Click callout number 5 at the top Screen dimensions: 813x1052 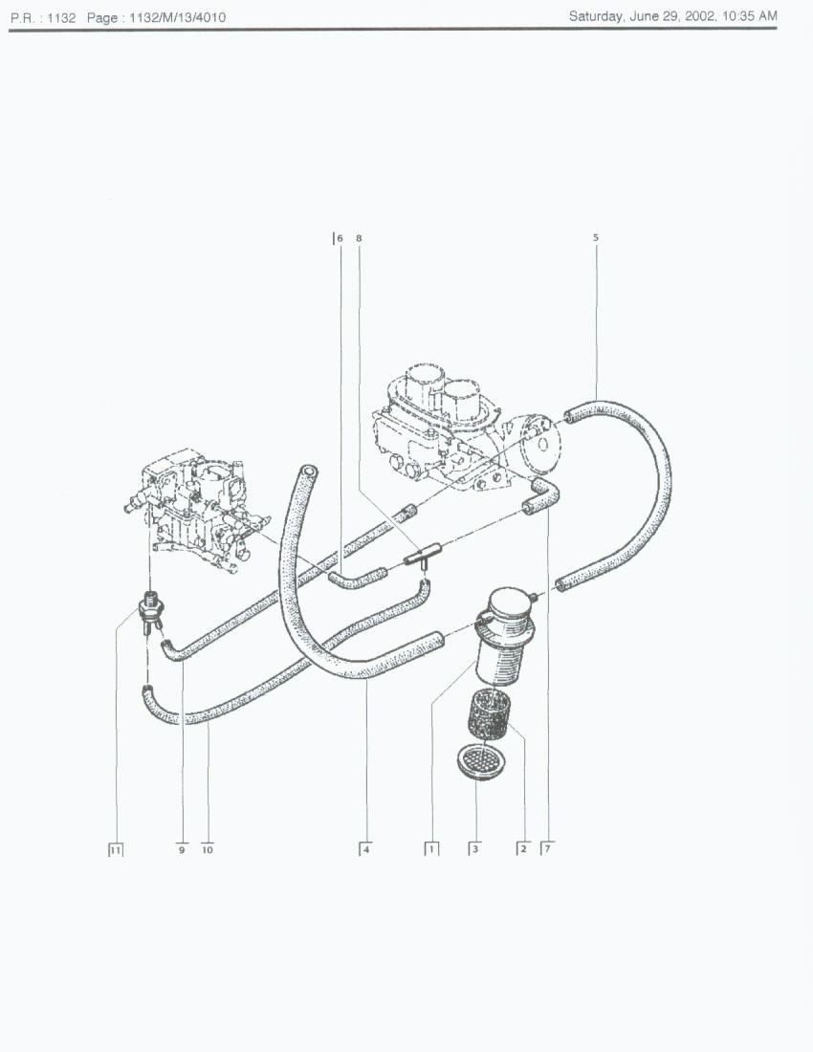596,237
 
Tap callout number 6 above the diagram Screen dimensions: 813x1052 340,238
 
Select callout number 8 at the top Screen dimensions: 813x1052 359,238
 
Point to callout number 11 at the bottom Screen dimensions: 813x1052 116,849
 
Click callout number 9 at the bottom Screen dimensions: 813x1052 182,849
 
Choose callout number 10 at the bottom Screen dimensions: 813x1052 208,849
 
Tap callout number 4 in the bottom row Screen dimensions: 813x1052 366,849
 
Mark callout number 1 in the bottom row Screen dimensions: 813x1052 432,849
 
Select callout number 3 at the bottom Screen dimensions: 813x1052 475,849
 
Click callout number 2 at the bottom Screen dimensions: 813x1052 523,849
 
